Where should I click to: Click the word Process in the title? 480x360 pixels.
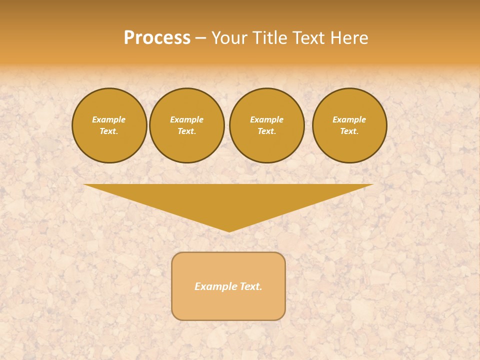pyautogui.click(x=157, y=38)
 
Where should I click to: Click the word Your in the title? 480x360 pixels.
pyautogui.click(x=229, y=38)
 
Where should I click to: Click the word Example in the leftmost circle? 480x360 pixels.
pyautogui.click(x=109, y=119)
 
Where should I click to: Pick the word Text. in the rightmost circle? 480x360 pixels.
pyautogui.click(x=349, y=131)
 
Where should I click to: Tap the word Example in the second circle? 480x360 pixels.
pyautogui.click(x=186, y=119)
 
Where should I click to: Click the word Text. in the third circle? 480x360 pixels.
pyautogui.click(x=266, y=131)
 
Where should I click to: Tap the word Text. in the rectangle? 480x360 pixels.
pyautogui.click(x=250, y=286)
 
